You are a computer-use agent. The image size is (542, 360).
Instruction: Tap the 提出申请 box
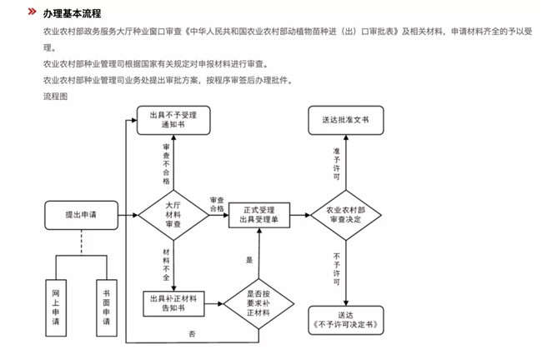coord(81,215)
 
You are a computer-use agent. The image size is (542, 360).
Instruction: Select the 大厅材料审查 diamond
coord(173,214)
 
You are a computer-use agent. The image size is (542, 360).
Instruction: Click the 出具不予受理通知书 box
coord(173,119)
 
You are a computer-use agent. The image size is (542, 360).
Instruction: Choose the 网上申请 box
coord(56,307)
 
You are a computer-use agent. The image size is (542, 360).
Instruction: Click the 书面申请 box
coord(107,307)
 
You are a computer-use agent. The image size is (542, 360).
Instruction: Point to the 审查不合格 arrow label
coord(167,163)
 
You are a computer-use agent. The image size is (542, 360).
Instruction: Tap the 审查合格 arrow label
coord(217,205)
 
